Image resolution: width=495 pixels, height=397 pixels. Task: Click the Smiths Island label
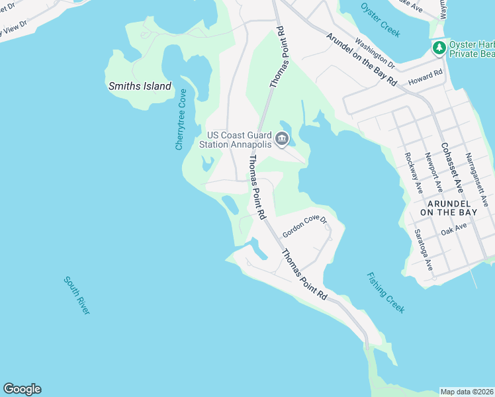tap(140, 86)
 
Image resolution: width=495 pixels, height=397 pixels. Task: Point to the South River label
tap(77, 295)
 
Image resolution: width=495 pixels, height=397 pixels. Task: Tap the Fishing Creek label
tap(384, 293)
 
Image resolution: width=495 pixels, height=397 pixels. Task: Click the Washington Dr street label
tap(375, 53)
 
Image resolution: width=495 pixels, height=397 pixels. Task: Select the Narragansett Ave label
tap(476, 179)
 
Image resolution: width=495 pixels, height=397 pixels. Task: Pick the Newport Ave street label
tap(428, 170)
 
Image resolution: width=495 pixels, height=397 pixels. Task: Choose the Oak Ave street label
tap(454, 229)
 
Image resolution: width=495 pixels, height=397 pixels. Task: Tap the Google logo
tap(22, 389)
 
